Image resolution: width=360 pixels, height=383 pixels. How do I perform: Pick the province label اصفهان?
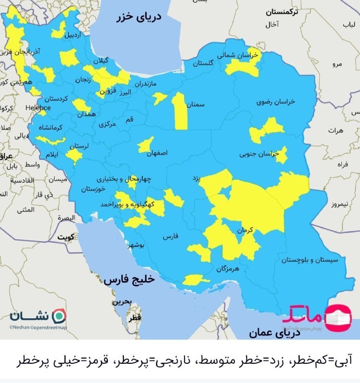tap(158, 154)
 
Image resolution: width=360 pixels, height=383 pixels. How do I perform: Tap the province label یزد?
tap(196, 178)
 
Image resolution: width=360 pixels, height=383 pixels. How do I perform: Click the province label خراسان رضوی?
tap(276, 102)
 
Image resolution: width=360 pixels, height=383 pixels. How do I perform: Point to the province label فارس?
tap(170, 237)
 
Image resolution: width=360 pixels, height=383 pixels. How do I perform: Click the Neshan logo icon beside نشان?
tap(59, 316)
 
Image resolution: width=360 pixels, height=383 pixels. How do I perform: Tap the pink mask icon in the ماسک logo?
tap(338, 317)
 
